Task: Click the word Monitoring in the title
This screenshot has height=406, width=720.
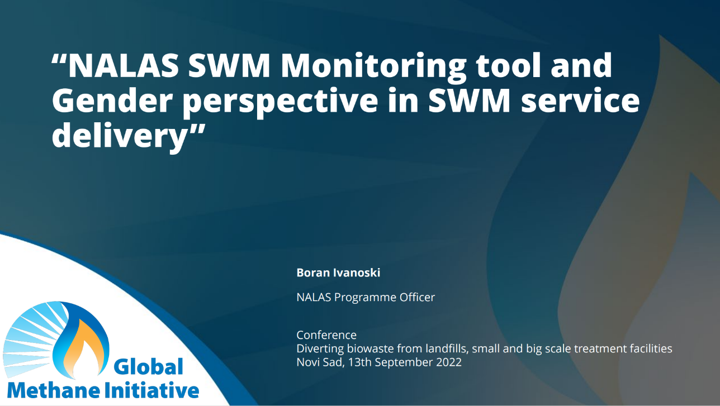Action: (x=373, y=66)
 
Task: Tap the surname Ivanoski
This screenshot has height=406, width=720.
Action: (x=356, y=273)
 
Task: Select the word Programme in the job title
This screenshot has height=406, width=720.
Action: (x=366, y=298)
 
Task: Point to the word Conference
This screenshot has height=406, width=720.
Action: (x=326, y=335)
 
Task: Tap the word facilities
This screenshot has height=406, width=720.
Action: (x=650, y=348)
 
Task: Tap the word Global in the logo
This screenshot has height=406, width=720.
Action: (x=149, y=367)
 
